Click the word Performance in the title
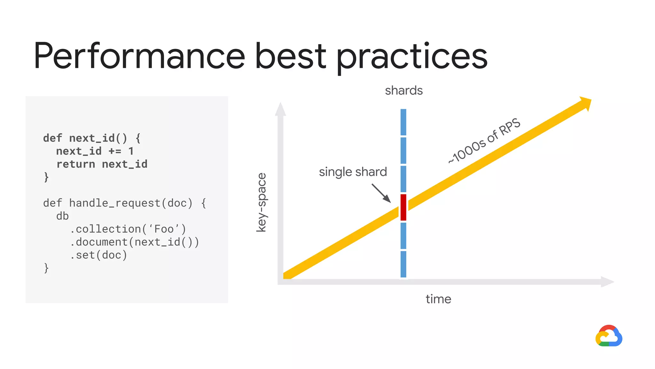point(139,56)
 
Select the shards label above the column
point(404,91)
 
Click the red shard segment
point(403,207)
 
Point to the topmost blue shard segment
point(403,122)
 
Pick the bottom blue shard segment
point(403,264)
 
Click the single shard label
point(353,172)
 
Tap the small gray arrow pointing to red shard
point(381,193)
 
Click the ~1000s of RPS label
point(484,141)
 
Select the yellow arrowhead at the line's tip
point(586,103)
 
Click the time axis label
point(438,299)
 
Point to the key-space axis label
point(262,202)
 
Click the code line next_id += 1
point(95,151)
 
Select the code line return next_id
point(102,164)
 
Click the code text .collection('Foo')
point(128,229)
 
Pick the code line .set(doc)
point(99,255)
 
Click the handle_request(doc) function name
point(131,203)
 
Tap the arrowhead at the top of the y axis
point(280,110)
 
